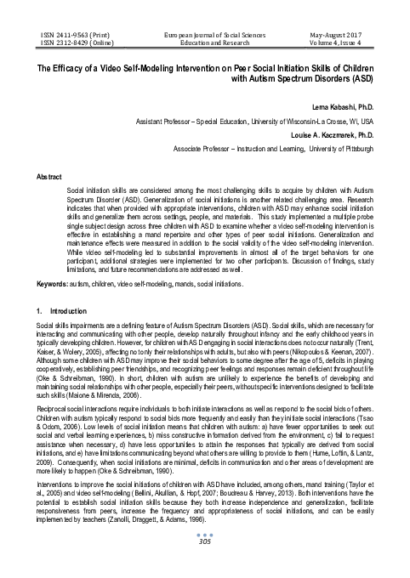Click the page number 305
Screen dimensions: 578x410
click(204, 565)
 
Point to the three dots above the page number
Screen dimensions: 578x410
click(204, 558)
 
